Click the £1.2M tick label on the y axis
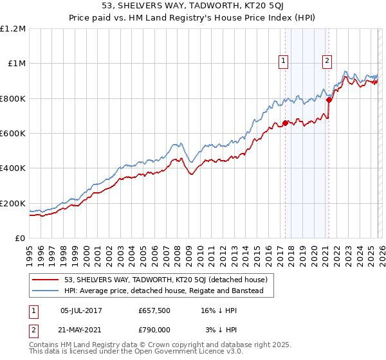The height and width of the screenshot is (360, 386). click(x=13, y=28)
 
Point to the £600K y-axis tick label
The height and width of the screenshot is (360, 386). click(x=13, y=134)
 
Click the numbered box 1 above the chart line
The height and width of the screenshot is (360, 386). click(x=284, y=61)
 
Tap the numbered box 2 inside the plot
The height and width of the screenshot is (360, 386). click(x=327, y=61)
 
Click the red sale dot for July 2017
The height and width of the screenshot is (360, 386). click(x=285, y=123)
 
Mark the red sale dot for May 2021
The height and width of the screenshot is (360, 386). click(x=329, y=100)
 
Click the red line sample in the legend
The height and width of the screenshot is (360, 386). click(x=46, y=280)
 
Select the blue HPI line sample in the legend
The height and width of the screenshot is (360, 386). click(x=46, y=291)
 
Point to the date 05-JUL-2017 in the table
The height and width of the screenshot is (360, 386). click(x=84, y=310)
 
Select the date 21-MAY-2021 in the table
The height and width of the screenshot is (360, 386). click(x=84, y=329)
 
